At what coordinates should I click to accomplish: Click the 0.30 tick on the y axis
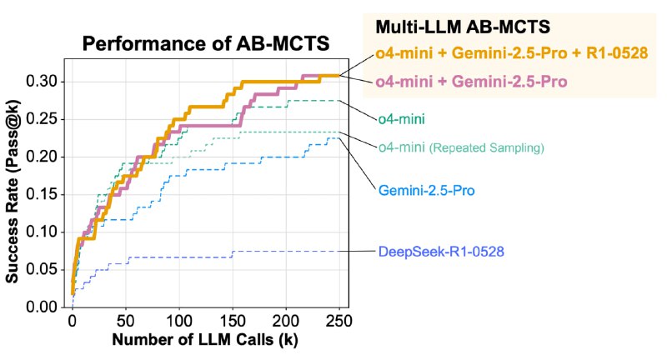pos(47,82)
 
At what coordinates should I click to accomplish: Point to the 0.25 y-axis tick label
pos(47,119)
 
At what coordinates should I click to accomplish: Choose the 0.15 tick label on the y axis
pos(47,194)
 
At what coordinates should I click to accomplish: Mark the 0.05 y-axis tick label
pos(47,269)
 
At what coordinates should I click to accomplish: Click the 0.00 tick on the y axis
pos(47,307)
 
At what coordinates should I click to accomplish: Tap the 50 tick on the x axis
pos(126,322)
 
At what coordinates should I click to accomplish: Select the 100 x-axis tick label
pos(180,322)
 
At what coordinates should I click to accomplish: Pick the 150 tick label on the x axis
pos(233,322)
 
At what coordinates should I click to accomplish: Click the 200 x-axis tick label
pos(286,322)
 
